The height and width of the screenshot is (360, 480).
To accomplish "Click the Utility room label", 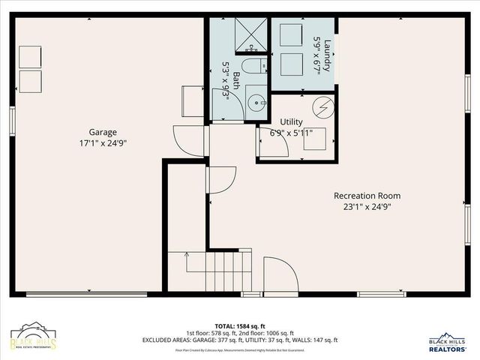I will (291, 121).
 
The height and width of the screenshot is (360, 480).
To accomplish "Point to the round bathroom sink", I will (256, 100).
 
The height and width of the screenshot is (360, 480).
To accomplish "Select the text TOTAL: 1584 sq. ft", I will (239, 325).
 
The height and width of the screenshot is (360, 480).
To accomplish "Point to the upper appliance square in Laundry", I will (289, 35).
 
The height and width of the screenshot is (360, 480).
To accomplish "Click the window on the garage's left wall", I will (13, 121).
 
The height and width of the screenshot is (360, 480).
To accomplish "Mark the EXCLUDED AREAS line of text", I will (240, 340).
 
